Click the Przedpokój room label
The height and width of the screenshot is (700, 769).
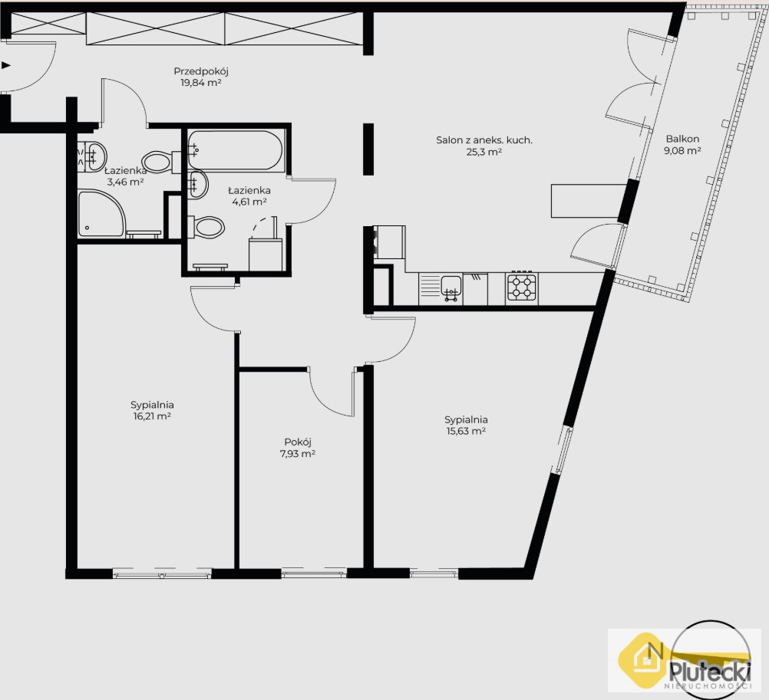(x=201, y=71)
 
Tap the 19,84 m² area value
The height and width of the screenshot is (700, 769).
(x=201, y=83)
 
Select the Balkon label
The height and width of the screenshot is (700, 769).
(x=683, y=139)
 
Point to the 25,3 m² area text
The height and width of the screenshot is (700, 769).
(x=484, y=152)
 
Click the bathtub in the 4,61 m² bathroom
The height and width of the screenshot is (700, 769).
(x=235, y=150)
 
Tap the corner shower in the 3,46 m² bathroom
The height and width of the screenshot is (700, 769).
(x=101, y=214)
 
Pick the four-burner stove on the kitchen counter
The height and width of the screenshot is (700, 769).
(x=521, y=287)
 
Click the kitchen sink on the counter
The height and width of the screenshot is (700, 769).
(x=451, y=287)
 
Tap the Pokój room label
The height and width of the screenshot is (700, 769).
(x=298, y=442)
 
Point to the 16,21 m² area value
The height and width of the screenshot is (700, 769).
(x=152, y=417)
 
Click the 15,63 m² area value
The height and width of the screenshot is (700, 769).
(x=466, y=432)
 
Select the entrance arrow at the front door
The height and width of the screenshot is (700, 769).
(x=6, y=64)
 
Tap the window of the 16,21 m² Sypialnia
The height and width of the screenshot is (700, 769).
(x=163, y=573)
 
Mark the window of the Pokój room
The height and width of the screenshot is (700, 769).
(x=314, y=573)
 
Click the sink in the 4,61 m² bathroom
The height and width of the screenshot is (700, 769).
(x=197, y=184)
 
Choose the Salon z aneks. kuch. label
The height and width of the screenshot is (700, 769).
(x=484, y=140)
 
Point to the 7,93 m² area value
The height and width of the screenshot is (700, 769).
(x=298, y=454)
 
